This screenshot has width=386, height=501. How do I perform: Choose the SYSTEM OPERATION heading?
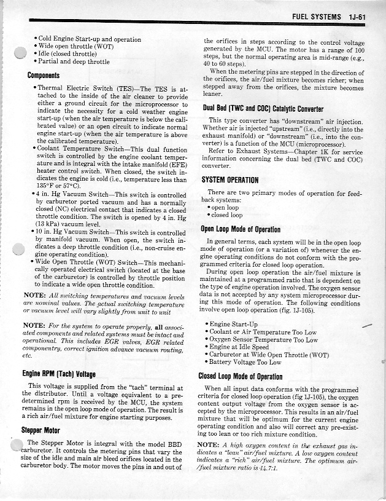pos(230,180)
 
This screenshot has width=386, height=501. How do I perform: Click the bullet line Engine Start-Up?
pos(233,324)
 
